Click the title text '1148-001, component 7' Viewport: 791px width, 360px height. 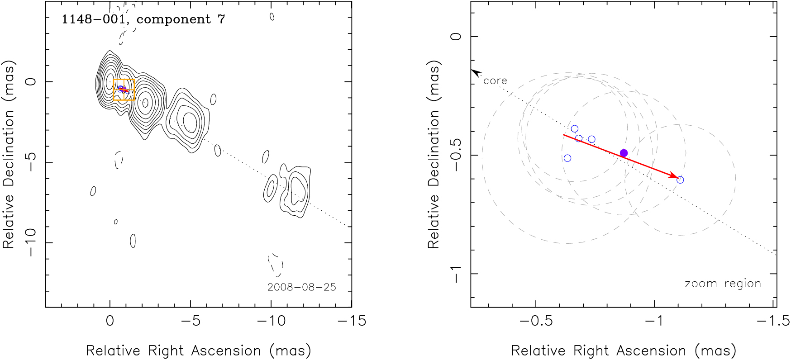(143, 19)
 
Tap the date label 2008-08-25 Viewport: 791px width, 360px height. (301, 287)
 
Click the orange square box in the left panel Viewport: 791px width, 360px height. (124, 90)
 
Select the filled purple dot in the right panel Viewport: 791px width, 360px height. (624, 153)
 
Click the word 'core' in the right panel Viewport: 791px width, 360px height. (495, 81)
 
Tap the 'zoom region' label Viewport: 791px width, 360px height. (723, 284)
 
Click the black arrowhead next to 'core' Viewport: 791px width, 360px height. (475, 72)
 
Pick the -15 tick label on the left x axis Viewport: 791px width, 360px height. (352, 321)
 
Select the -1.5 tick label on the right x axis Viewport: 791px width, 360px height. (776, 321)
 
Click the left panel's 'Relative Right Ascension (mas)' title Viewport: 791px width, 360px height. (198, 351)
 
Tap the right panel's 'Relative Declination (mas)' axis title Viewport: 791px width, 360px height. (434, 155)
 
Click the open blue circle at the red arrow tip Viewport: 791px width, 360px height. (680, 180)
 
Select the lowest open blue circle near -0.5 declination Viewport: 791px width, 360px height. (567, 158)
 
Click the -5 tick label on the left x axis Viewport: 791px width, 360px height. (190, 321)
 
